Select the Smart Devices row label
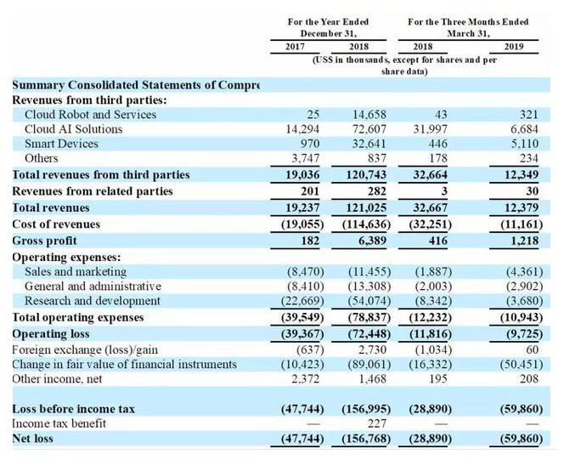pos(61,144)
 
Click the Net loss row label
pos(32,439)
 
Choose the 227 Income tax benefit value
pos(377,423)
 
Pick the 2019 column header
pos(514,47)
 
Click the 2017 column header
pos(295,47)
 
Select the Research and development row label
pos(93,301)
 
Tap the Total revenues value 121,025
pos(366,207)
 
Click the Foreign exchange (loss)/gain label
pos(85,350)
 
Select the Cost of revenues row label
pos(56,224)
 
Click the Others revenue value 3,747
pos(306,158)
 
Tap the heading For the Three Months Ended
pos(468,22)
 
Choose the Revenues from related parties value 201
pos(310,191)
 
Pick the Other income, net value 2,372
pos(306,379)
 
